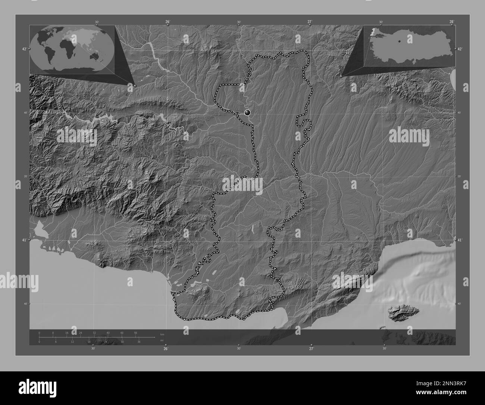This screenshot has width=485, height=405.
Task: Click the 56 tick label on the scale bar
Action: tap(135, 333)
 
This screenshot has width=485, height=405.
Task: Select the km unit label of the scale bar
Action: tap(162, 334)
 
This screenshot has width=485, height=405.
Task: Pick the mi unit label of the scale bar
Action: tap(162, 340)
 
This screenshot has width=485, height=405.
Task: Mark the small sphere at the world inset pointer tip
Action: tap(135, 86)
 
